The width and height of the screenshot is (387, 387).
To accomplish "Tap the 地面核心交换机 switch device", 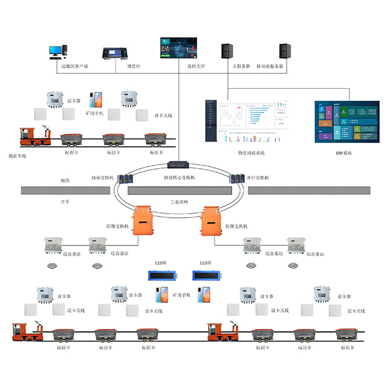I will point(180,164).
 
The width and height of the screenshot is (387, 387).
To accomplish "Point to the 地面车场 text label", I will point(18,157).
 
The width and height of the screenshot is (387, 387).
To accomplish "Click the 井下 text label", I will point(65,201).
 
